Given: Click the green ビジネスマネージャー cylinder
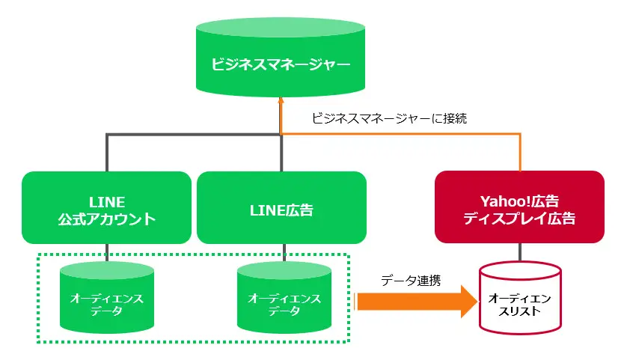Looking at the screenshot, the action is pos(281,57).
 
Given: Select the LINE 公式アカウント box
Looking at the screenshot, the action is pos(106,207).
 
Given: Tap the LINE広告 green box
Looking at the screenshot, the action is pos(281,207).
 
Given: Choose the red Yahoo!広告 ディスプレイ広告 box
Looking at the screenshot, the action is pos(519,207).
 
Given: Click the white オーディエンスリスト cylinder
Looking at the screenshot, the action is pos(520,298).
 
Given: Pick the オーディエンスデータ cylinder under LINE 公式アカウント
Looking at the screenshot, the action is pos(107,298).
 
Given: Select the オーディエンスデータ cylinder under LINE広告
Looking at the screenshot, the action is pos(284,298).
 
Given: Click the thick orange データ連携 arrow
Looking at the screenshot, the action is pos(416,302).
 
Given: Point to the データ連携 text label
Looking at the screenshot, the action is pos(411,281).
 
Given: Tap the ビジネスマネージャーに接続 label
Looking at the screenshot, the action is pos(389,118).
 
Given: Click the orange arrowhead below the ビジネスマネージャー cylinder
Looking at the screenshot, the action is pos(281,100).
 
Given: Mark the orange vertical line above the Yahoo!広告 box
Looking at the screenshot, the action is pos(520,153).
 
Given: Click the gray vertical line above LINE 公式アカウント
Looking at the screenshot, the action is pos(107,153).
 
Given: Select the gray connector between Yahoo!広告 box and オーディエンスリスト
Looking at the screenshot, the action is pos(520,252).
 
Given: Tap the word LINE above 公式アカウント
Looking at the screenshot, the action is pos(107,202).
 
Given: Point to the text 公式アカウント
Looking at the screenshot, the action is pos(107,219).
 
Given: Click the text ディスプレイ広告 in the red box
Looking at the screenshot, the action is pos(519,219).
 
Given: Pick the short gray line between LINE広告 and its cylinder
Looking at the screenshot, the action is pos(284,253).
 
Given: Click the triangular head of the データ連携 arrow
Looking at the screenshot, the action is pos(469,302).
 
